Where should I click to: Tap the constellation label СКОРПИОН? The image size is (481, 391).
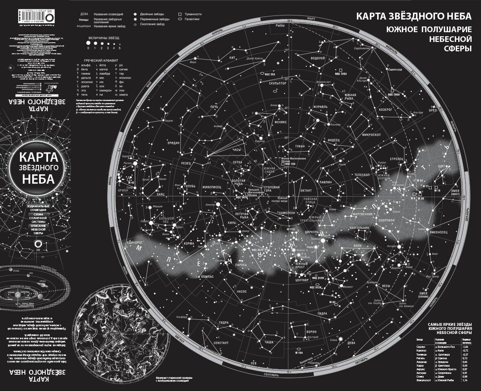click(x=386, y=220)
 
